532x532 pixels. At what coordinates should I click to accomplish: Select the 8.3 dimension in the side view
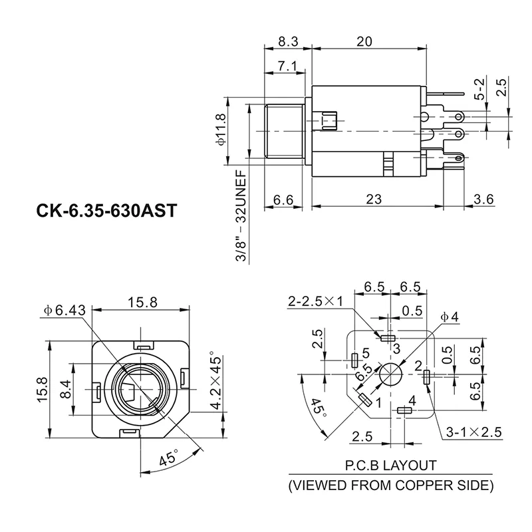coord(287,41)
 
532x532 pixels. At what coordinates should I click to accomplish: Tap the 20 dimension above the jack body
coord(364,41)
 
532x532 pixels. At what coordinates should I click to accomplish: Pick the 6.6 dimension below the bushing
coord(283,199)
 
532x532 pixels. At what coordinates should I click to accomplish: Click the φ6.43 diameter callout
coord(66,311)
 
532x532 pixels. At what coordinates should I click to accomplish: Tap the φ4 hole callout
coord(451,317)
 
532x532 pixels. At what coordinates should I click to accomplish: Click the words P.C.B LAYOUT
coord(390,465)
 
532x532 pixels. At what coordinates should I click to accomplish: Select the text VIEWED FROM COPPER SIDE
coord(390,485)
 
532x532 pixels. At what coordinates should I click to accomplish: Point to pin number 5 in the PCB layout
coord(365,354)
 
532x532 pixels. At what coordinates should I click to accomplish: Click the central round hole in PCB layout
coord(390,374)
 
